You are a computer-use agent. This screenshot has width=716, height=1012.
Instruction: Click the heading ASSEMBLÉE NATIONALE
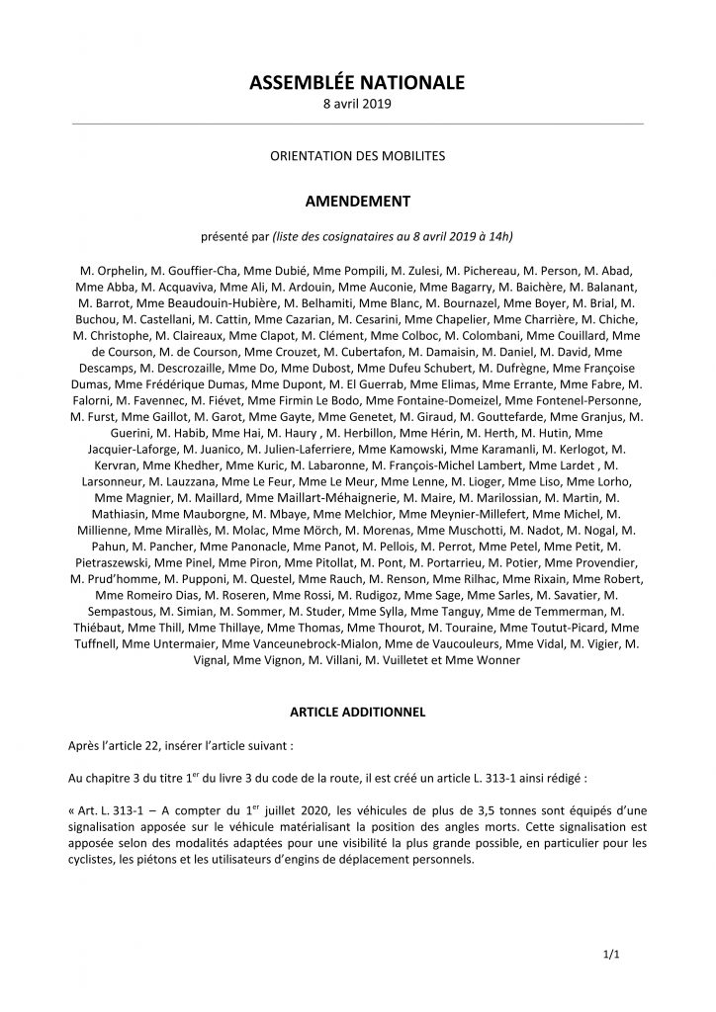click(358, 84)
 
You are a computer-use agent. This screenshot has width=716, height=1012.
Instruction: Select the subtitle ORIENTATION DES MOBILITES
click(358, 156)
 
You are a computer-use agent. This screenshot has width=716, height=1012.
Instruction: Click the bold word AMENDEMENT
click(358, 202)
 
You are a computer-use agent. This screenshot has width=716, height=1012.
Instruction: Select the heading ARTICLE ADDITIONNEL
click(358, 711)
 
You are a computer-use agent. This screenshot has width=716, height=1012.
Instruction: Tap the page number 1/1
click(610, 956)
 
